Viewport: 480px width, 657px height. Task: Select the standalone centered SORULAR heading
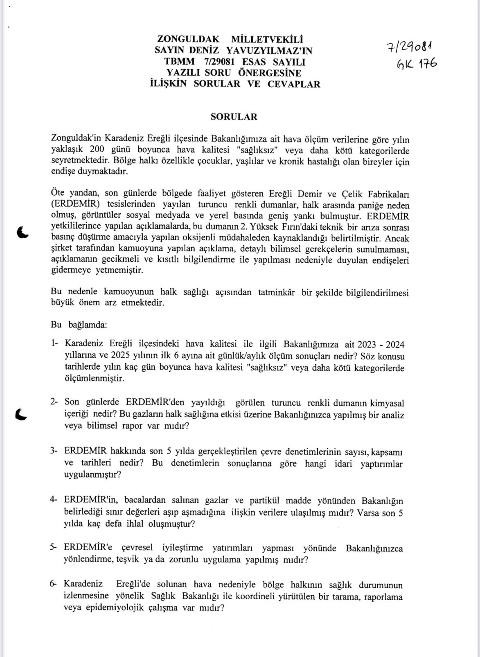point(234,117)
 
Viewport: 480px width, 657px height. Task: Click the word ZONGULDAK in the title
point(188,39)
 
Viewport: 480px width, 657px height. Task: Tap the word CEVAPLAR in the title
point(294,84)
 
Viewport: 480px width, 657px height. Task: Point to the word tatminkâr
point(276,292)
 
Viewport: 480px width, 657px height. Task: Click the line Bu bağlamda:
point(79,325)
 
